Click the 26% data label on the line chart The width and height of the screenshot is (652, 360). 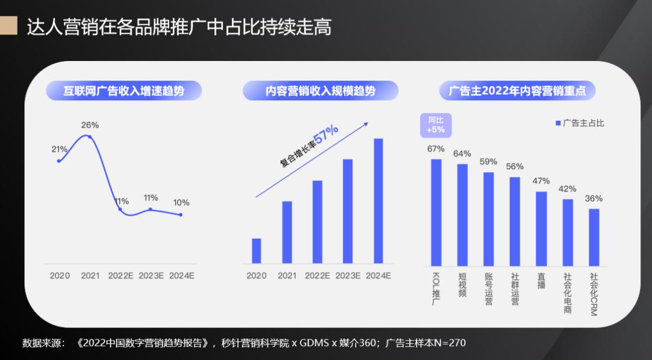(x=90, y=125)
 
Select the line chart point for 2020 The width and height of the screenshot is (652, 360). (x=59, y=161)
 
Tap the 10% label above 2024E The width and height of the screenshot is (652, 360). (x=181, y=203)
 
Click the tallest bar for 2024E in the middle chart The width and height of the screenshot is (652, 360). (x=379, y=201)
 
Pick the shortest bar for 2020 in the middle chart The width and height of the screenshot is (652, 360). (x=257, y=251)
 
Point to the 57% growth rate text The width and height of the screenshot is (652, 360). (x=326, y=134)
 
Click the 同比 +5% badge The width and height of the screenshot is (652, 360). (x=435, y=124)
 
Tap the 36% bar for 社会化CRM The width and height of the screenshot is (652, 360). (x=594, y=237)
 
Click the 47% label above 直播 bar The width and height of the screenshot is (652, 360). (x=542, y=181)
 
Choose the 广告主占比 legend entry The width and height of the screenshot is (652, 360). (x=579, y=123)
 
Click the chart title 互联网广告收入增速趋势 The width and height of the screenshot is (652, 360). (x=124, y=91)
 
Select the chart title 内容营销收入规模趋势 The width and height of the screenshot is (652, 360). (x=321, y=91)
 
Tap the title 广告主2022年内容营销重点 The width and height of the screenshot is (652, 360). (x=517, y=91)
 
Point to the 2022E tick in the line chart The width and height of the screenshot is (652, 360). (x=121, y=275)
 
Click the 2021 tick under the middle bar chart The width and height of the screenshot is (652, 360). (x=287, y=275)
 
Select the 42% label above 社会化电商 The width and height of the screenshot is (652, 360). (x=567, y=189)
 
